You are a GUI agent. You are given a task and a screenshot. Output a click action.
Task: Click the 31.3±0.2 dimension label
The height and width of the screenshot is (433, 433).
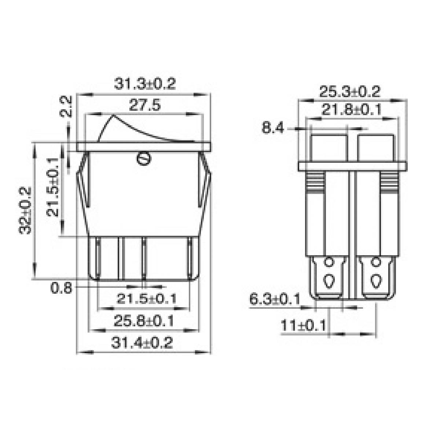[145, 84]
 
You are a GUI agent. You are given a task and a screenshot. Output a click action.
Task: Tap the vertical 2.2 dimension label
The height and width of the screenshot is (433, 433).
[66, 107]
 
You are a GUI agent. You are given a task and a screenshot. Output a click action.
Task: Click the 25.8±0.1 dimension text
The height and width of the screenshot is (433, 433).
[143, 321]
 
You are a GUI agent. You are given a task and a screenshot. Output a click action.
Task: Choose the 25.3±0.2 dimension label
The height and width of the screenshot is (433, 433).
[349, 92]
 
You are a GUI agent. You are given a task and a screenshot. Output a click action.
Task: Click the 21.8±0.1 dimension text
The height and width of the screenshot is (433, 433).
[351, 110]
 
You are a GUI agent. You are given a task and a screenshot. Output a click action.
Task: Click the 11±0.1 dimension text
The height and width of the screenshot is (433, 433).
[303, 325]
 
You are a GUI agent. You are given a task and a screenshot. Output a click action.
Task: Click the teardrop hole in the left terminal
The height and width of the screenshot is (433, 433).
[329, 281]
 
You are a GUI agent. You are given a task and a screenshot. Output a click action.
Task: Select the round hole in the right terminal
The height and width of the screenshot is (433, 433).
[375, 262]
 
